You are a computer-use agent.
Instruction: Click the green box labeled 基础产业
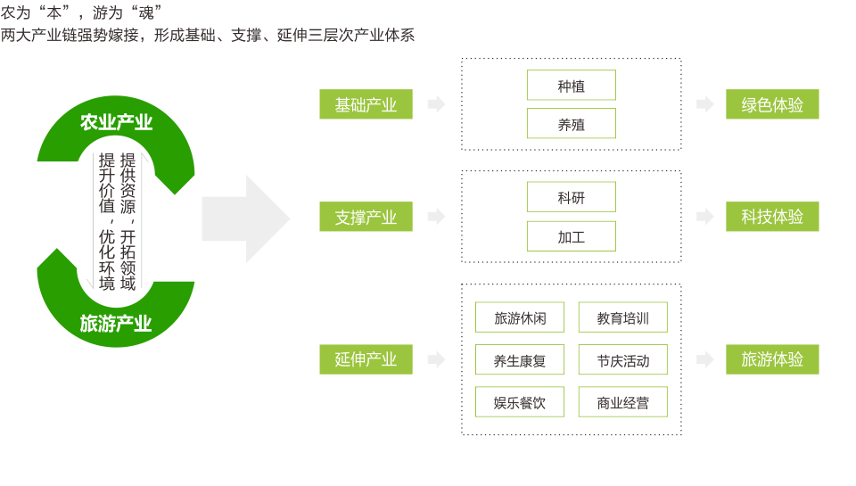(x=366, y=104)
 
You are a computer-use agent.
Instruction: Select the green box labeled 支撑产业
(x=366, y=217)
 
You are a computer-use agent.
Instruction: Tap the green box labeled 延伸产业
(x=366, y=359)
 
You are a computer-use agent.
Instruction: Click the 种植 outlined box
(x=571, y=86)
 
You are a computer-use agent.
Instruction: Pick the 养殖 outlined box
(x=571, y=123)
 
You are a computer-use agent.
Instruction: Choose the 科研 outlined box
(x=571, y=197)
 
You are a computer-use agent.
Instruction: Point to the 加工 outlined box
(x=571, y=236)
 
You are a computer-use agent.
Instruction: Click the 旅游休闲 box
(x=520, y=317)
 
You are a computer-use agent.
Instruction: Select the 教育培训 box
(x=623, y=317)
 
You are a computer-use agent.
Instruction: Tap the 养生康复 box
(x=520, y=359)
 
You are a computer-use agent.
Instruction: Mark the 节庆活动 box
(x=623, y=359)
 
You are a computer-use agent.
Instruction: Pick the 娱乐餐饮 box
(x=520, y=402)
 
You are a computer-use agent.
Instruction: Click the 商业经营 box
(x=623, y=402)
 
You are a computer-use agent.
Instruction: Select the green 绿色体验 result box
(x=772, y=104)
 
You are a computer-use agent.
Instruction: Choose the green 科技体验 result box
(x=772, y=217)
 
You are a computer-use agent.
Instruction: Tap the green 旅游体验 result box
(x=772, y=359)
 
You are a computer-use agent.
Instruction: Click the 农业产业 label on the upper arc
(x=116, y=122)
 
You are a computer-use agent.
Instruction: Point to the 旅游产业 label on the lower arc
(x=116, y=324)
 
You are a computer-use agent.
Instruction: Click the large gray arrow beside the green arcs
(x=246, y=219)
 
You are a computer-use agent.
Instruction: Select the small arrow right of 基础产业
(x=436, y=104)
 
